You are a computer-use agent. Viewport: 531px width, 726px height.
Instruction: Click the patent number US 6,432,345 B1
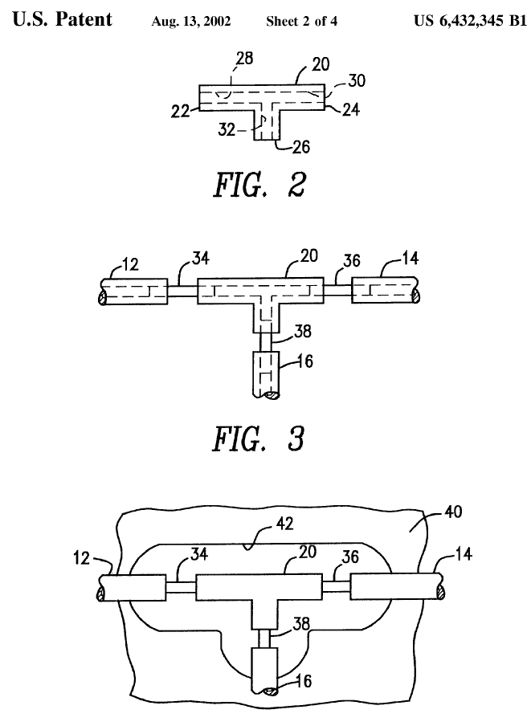pyautogui.click(x=471, y=21)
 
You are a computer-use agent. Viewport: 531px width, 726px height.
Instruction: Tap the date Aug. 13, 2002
pyautogui.click(x=190, y=22)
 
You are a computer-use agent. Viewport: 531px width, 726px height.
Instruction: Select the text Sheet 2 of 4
pyautogui.click(x=301, y=22)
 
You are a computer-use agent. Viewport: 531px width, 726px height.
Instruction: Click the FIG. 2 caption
pyautogui.click(x=259, y=185)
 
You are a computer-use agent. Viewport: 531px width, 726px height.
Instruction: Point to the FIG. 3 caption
pyautogui.click(x=259, y=439)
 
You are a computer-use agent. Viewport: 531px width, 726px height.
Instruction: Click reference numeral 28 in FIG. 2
pyautogui.click(x=244, y=59)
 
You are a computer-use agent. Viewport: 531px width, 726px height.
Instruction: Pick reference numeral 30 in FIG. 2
pyautogui.click(x=357, y=80)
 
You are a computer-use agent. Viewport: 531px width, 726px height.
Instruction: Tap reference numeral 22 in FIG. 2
pyautogui.click(x=180, y=111)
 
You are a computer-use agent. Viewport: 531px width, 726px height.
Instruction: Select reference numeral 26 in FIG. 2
pyautogui.click(x=301, y=147)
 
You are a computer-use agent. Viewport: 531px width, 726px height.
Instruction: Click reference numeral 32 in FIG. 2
pyautogui.click(x=227, y=129)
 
